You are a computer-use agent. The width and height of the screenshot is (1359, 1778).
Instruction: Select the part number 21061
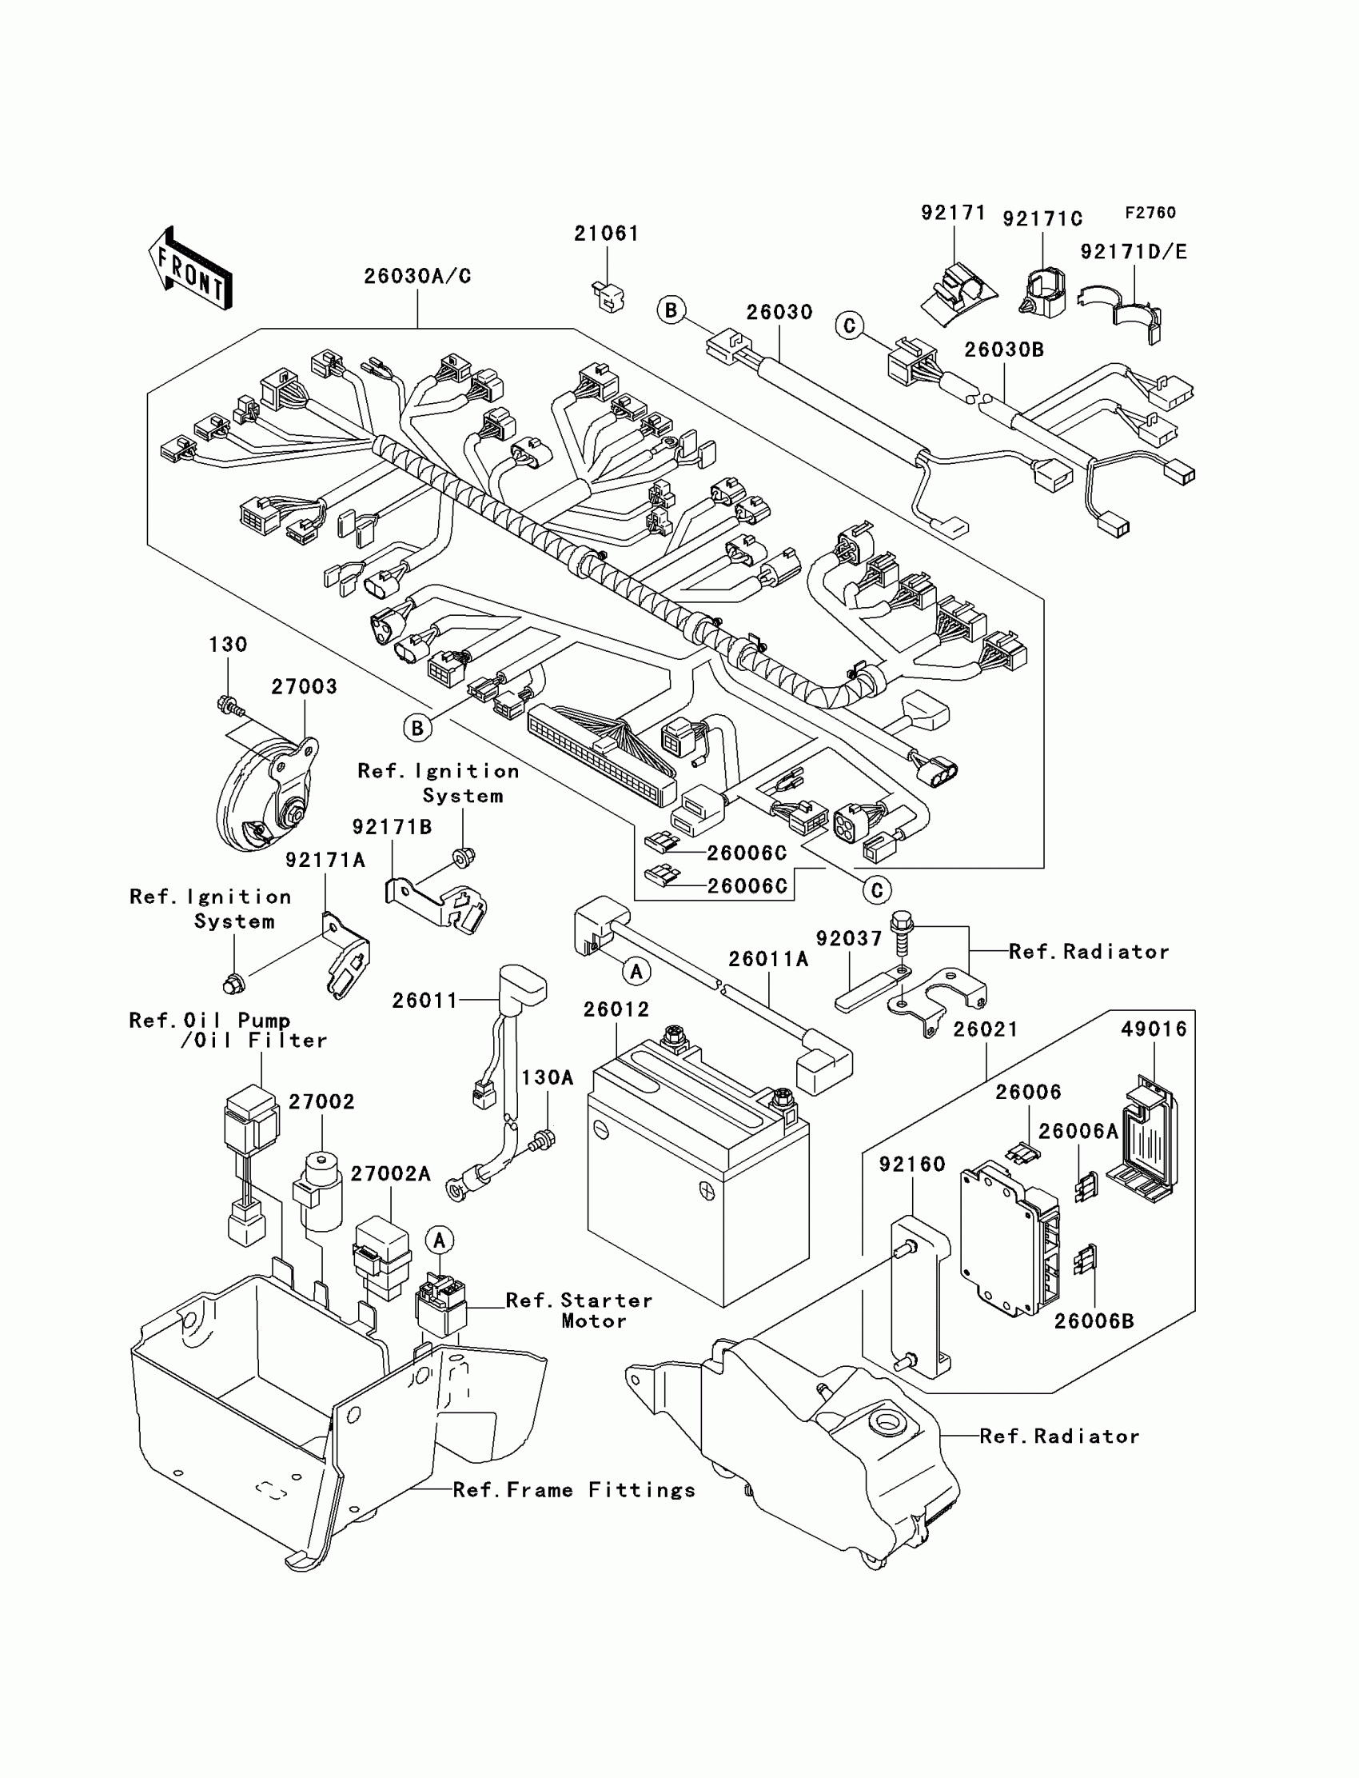click(607, 234)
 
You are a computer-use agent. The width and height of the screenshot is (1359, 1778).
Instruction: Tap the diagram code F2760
click(1150, 213)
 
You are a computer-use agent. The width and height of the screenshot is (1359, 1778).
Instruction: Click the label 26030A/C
click(417, 277)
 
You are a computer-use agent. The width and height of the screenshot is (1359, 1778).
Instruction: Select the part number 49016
click(1154, 1029)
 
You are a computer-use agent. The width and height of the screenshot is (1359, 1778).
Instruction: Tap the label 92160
click(912, 1165)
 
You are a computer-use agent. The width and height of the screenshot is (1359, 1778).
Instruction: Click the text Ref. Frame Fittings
click(574, 1491)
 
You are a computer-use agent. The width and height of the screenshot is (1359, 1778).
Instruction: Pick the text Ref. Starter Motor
click(580, 1311)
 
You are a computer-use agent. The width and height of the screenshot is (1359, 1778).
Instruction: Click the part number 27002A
click(391, 1174)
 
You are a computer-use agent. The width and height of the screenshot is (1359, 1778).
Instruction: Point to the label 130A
click(548, 1078)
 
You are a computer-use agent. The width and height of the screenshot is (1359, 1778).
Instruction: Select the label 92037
click(848, 939)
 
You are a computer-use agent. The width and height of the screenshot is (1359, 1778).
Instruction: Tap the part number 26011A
click(768, 959)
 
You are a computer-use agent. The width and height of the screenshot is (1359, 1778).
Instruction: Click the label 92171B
click(393, 827)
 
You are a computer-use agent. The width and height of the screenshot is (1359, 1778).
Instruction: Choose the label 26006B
click(1094, 1321)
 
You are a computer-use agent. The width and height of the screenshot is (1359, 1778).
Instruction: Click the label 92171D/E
click(1134, 253)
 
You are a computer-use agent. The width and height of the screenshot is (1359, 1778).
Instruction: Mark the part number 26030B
click(1004, 350)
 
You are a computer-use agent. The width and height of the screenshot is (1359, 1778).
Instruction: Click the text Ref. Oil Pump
click(209, 1021)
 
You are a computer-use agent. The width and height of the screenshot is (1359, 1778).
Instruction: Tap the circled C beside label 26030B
click(849, 326)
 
